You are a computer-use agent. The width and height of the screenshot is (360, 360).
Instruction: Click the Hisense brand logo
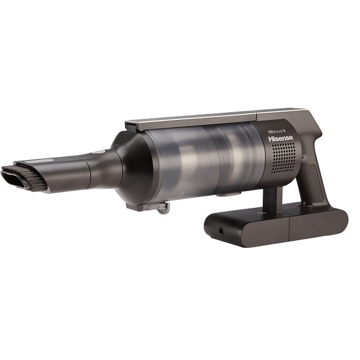tap(281, 138)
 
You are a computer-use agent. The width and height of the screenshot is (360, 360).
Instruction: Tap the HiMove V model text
tap(278, 131)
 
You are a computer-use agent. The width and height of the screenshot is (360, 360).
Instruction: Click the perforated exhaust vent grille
tap(283, 159)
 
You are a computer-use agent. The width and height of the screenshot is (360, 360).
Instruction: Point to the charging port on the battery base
tap(221, 231)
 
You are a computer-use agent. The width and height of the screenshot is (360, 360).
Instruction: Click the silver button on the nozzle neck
tap(98, 152)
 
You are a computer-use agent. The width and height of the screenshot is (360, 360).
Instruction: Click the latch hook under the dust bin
tap(162, 208)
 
